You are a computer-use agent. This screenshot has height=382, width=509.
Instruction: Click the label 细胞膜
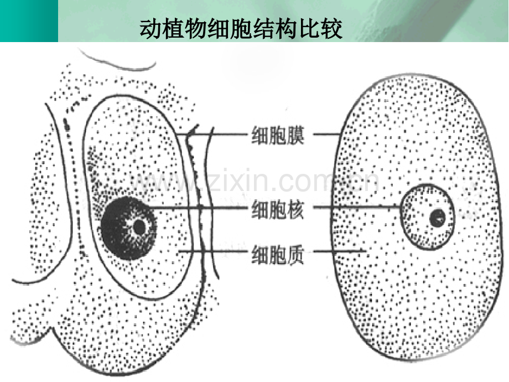pos(278,135)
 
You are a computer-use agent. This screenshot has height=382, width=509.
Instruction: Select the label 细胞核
pos(278,209)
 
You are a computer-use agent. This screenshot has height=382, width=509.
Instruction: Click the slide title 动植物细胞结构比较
pos(241,29)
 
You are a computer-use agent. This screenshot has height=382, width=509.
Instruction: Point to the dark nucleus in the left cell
pos(128,228)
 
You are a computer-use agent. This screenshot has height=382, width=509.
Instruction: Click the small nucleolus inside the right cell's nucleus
pos(438,218)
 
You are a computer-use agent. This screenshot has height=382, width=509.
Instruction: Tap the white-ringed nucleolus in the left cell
pos(139,227)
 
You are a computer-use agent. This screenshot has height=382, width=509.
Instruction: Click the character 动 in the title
pos(151,29)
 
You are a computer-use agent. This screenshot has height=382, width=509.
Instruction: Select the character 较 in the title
pos(331,29)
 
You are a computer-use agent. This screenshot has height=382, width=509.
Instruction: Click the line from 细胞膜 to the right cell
pos(326,134)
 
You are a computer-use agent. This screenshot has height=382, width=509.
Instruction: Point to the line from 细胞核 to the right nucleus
pos(357,207)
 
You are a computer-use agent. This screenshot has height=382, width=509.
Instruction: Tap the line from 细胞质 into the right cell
pos(340,251)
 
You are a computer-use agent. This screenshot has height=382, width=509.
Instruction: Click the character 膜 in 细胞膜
pos(295,135)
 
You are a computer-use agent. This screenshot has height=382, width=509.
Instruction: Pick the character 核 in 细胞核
pos(295,209)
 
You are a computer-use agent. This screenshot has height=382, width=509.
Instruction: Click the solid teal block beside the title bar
pos(29,21)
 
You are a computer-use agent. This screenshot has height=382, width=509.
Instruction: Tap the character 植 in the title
pos(174,29)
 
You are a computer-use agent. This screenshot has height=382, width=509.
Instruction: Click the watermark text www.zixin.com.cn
pos(255,179)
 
